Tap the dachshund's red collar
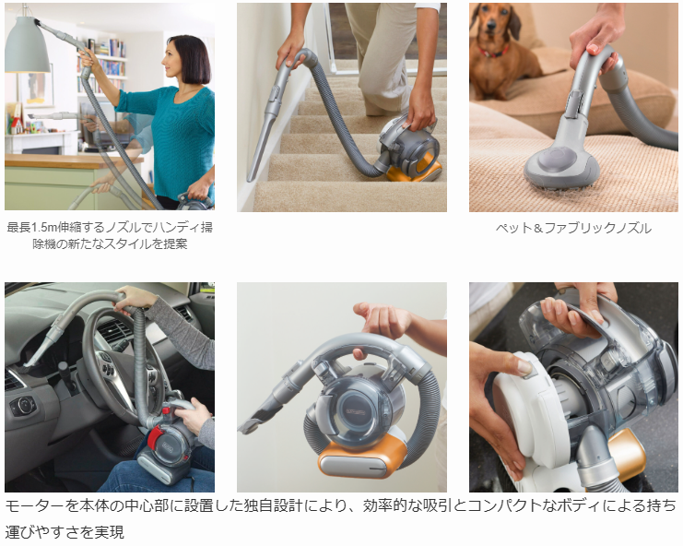[494, 53]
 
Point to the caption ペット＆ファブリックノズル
[573, 228]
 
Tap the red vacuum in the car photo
[166, 452]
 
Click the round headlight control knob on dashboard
[24, 406]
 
